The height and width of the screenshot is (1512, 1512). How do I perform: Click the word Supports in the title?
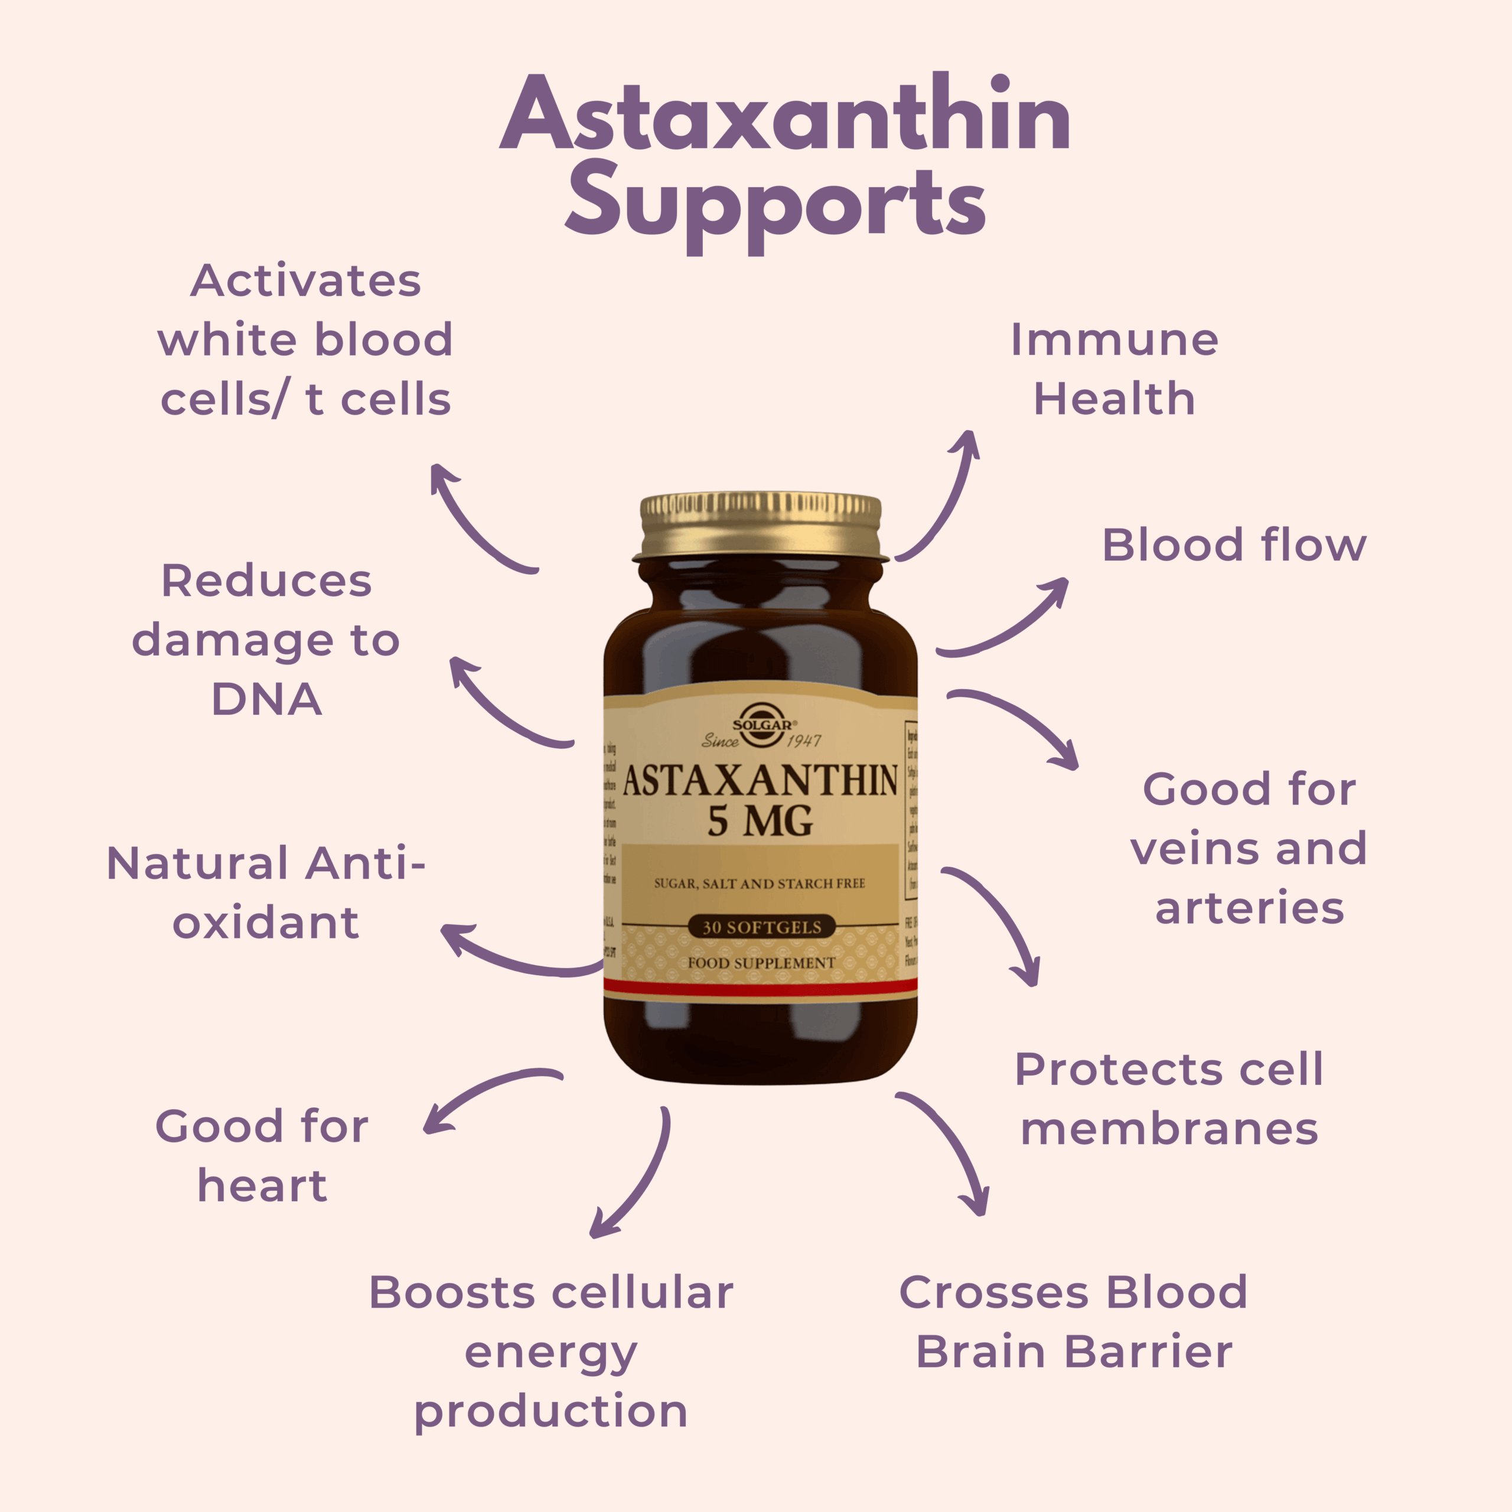click(x=775, y=205)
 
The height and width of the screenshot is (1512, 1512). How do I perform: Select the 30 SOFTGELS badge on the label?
click(x=761, y=927)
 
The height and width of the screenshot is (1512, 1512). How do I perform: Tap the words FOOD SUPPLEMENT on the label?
click(x=761, y=963)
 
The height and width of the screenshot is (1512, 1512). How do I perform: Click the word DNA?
click(x=266, y=699)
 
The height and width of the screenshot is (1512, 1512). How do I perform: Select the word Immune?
click(x=1114, y=340)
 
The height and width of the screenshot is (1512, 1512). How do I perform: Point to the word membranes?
click(x=1169, y=1129)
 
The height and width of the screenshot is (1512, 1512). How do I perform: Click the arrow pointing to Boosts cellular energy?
click(x=638, y=1174)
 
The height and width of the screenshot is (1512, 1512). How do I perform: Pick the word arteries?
click(x=1249, y=908)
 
